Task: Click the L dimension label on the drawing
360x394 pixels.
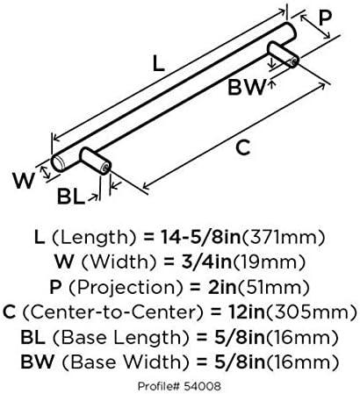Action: (x=158, y=64)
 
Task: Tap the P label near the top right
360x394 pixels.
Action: (x=325, y=18)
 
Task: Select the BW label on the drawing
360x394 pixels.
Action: (x=247, y=87)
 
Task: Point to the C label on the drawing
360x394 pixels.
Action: (x=243, y=147)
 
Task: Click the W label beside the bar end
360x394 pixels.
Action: (x=24, y=181)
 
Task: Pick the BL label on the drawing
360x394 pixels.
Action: (x=70, y=197)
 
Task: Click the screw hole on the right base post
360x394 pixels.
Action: (x=293, y=61)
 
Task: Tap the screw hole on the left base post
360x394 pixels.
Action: (x=105, y=168)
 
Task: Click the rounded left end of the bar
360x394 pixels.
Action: (x=58, y=162)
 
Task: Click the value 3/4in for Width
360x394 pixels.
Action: (x=206, y=261)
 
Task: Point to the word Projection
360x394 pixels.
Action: (x=121, y=288)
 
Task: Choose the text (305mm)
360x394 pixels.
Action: (x=311, y=312)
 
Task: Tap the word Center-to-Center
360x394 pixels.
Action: (x=112, y=312)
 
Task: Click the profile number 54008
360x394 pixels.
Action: (x=203, y=386)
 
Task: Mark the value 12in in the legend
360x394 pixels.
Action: (x=246, y=312)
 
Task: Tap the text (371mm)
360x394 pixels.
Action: (x=283, y=237)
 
